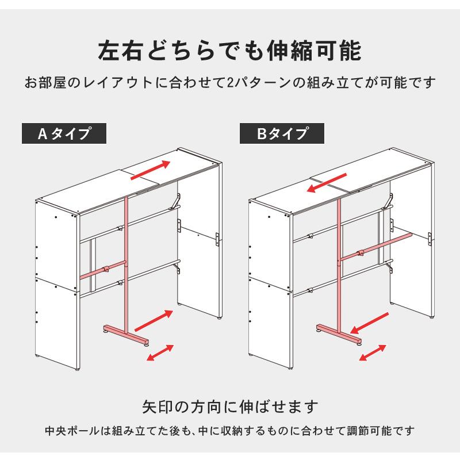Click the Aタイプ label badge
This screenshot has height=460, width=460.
64,134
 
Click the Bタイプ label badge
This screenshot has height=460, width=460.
282,134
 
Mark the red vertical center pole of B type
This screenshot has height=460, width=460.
340,259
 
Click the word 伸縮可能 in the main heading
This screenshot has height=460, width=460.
315,51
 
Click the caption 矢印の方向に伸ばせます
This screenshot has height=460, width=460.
230,407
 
